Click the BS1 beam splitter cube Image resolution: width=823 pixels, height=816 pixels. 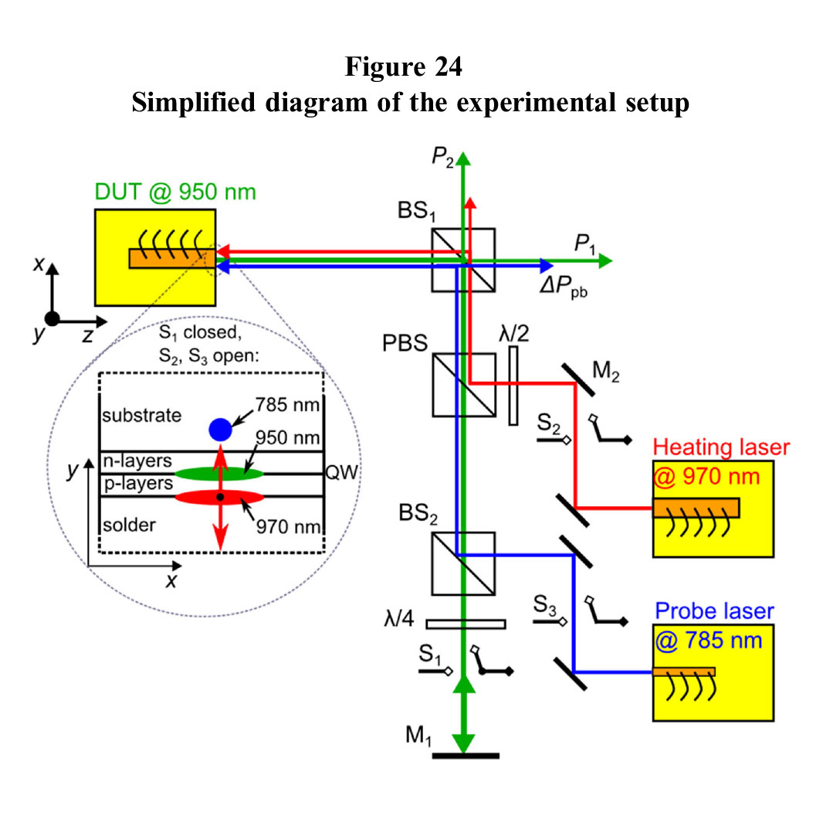(463, 260)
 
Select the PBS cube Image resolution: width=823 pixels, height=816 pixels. (463, 384)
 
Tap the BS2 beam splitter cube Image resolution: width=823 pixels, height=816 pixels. (463, 563)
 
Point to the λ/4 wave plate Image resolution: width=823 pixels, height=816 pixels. (466, 624)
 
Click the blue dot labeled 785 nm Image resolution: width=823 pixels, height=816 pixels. (220, 428)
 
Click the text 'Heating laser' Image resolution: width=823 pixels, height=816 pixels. (722, 447)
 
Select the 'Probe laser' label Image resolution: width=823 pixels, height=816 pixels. (714, 611)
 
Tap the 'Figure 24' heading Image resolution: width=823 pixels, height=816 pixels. (404, 67)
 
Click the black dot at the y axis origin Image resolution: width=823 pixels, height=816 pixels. (52, 318)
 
